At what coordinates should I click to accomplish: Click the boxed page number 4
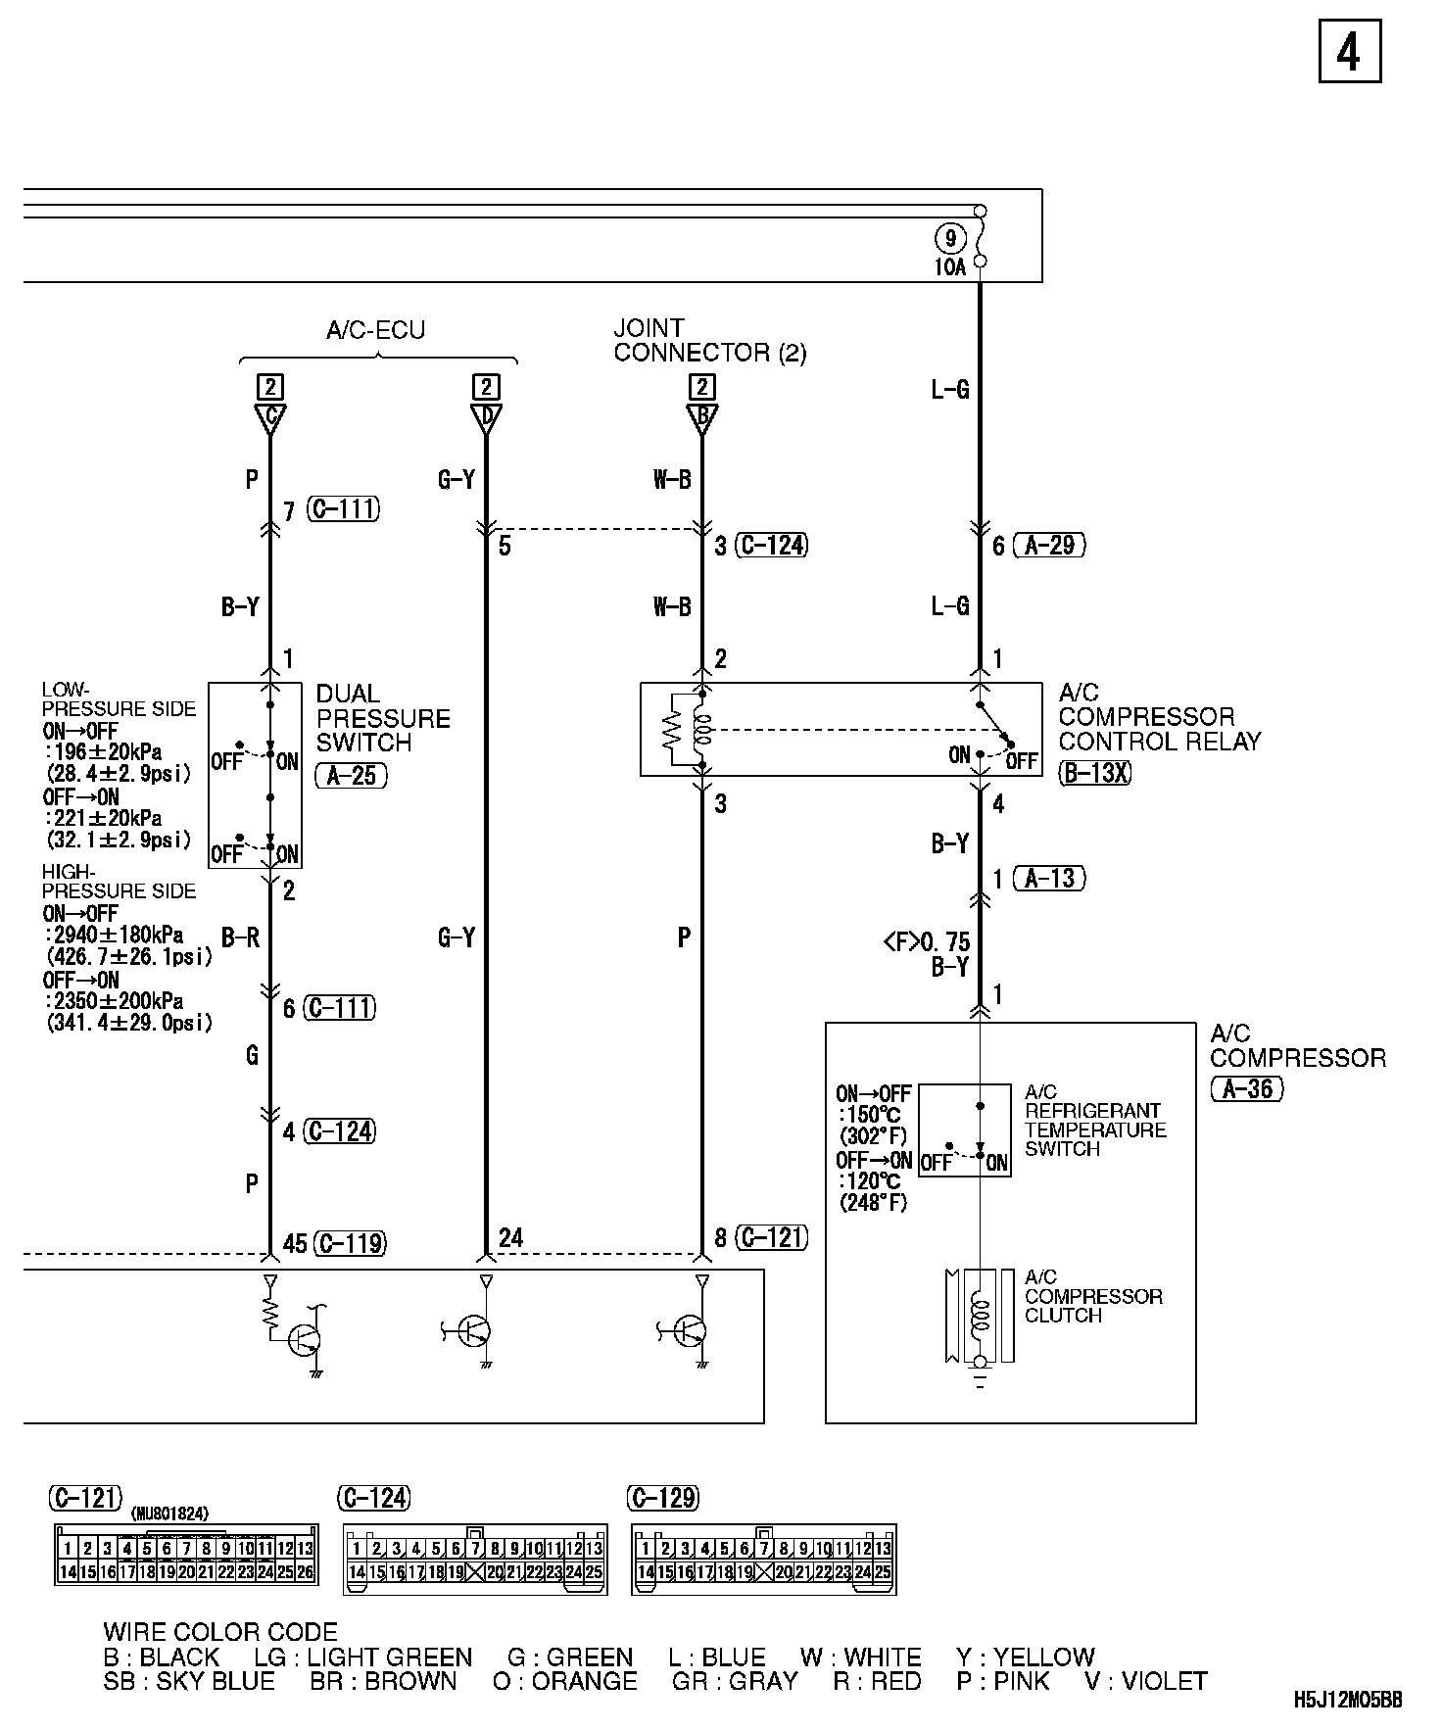tap(1349, 52)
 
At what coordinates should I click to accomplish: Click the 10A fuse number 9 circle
tap(949, 237)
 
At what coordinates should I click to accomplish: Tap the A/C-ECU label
tap(376, 330)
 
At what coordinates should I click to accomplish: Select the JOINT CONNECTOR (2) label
tap(709, 340)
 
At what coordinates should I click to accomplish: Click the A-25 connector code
tap(352, 776)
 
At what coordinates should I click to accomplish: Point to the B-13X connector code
tap(1095, 773)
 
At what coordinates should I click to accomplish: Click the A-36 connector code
tap(1247, 1088)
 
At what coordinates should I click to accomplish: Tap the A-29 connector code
tap(1049, 546)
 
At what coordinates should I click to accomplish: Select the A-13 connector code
tap(1049, 878)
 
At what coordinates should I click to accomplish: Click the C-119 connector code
tap(349, 1243)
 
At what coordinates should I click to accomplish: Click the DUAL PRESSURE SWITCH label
tap(383, 718)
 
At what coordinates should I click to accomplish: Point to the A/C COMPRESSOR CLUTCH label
tap(1093, 1296)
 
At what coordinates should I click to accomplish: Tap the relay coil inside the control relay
tap(701, 730)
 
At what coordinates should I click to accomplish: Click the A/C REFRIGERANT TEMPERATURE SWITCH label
tap(1095, 1120)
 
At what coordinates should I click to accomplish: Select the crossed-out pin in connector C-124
tap(476, 1572)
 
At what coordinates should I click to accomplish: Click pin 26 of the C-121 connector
tap(306, 1572)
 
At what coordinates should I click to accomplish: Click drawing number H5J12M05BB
tap(1348, 1700)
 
